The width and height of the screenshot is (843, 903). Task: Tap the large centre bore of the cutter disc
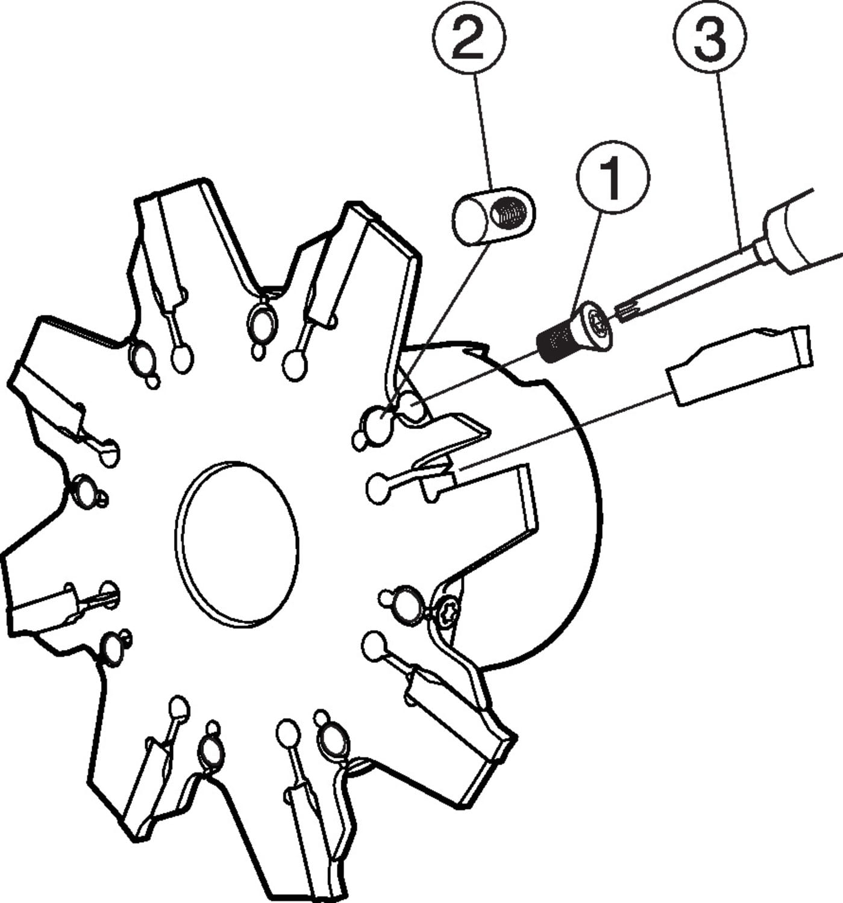(x=237, y=545)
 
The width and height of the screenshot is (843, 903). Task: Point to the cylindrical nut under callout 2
(x=494, y=216)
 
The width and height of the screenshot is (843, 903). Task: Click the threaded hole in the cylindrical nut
(x=509, y=211)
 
